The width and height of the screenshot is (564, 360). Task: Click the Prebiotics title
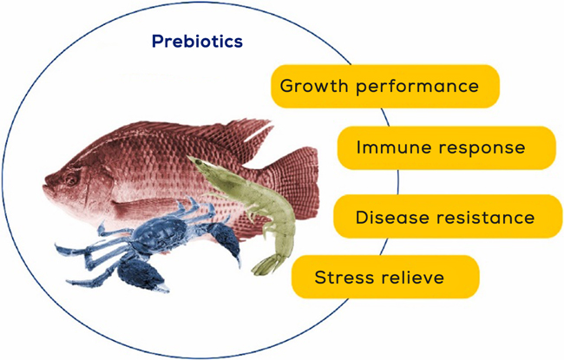point(197,41)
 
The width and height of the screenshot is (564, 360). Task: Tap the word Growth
point(314,86)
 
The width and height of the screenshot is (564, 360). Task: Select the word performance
point(417,87)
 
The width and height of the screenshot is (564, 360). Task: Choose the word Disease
point(394,217)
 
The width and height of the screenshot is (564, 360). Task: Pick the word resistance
point(487,217)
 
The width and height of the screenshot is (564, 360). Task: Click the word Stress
point(343,277)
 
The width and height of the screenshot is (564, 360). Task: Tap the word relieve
point(411,277)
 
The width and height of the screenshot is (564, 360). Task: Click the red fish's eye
point(71,179)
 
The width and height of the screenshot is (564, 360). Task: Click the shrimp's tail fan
point(266,265)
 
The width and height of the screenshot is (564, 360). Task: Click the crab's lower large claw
point(141,272)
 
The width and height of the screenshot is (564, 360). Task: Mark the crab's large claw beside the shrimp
point(225,240)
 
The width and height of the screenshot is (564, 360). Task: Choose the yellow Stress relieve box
point(385,277)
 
